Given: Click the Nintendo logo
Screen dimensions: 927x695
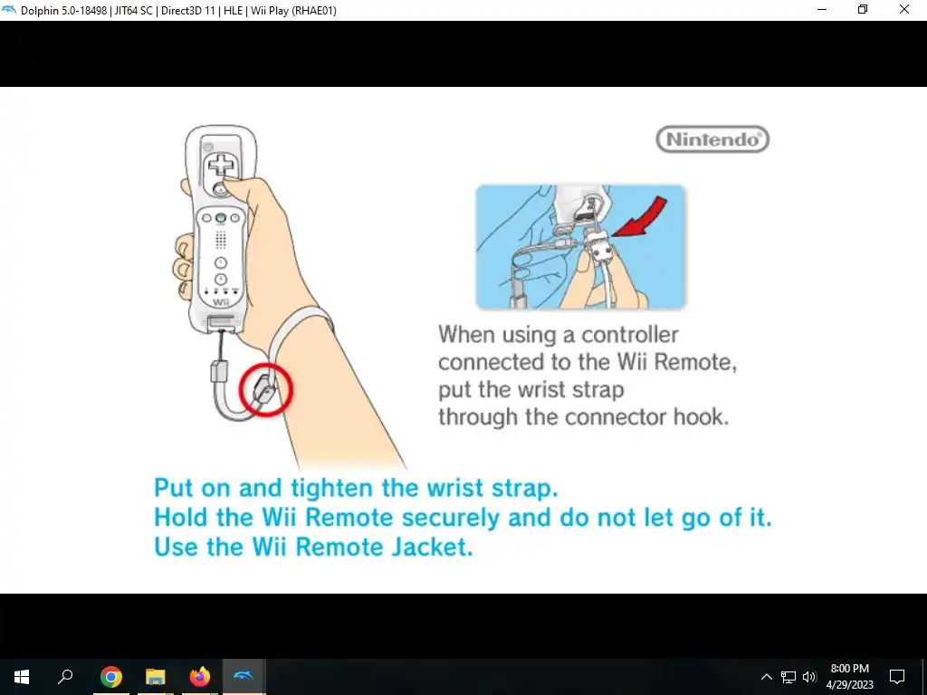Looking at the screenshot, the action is [x=712, y=138].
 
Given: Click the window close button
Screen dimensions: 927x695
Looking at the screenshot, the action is [x=904, y=9].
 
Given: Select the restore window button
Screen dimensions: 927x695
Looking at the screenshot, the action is [x=863, y=9].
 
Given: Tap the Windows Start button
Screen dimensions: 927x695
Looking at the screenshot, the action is [x=22, y=677].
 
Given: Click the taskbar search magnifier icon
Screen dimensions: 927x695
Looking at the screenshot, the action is [x=65, y=676].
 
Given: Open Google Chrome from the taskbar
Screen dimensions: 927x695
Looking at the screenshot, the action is [x=110, y=677].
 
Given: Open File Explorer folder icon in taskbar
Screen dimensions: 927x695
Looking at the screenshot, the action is [x=156, y=677].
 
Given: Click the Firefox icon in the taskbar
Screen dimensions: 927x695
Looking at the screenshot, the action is [x=200, y=677].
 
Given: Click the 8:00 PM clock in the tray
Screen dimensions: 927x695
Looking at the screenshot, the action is [x=849, y=669].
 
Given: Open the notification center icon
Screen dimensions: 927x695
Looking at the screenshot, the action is [x=897, y=677].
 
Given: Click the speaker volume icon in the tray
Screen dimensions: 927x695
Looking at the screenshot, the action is [x=809, y=677].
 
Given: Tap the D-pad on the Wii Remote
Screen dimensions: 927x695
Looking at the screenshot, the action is [x=221, y=165].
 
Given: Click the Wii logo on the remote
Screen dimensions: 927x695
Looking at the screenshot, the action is [x=221, y=302].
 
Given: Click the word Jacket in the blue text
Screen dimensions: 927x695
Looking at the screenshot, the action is [x=432, y=546].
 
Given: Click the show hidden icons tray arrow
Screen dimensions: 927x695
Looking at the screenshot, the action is [x=766, y=677].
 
